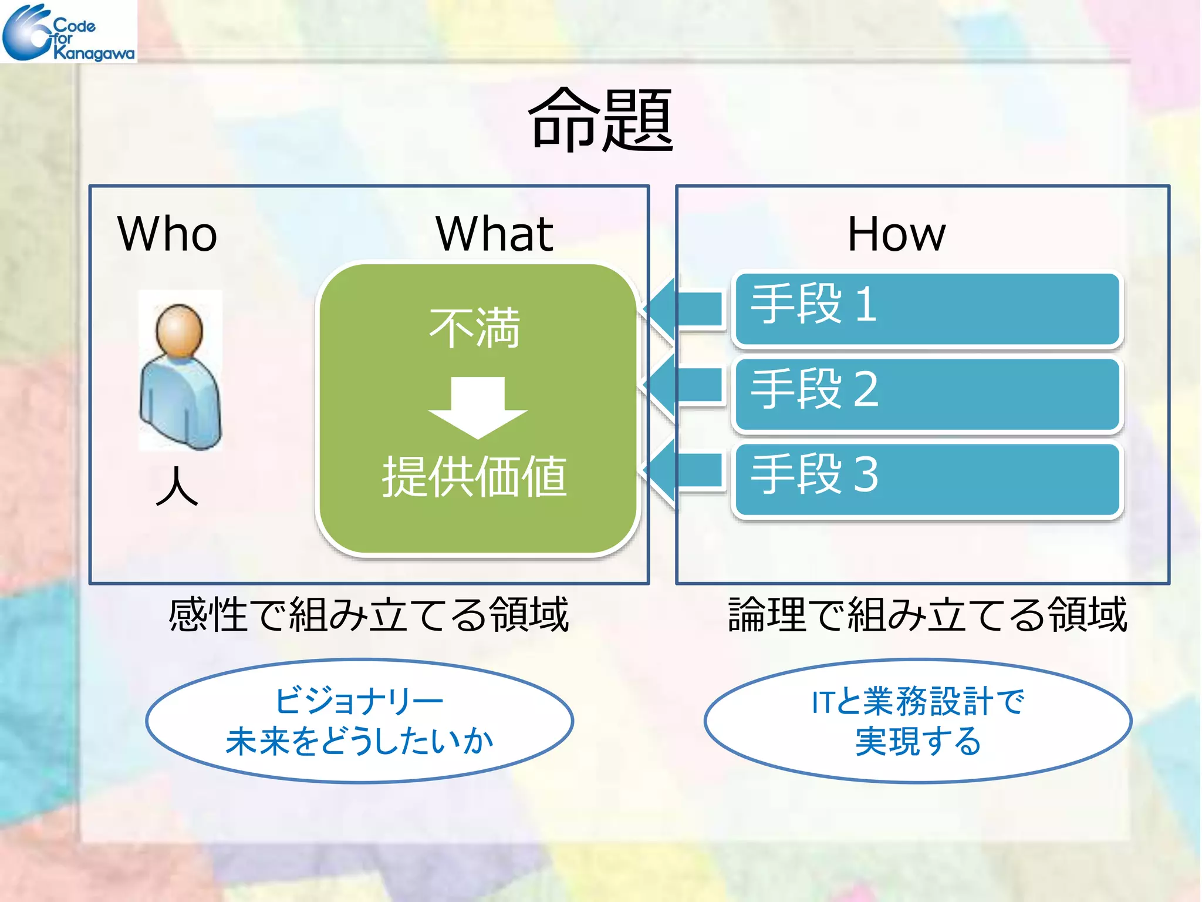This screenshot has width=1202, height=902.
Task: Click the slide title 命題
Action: click(601, 120)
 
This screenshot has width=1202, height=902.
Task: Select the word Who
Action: click(167, 234)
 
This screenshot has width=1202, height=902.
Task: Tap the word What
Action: click(494, 234)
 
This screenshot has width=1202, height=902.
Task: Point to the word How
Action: click(896, 234)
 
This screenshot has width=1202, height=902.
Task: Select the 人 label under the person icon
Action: click(177, 486)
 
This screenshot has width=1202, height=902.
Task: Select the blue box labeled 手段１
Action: click(927, 308)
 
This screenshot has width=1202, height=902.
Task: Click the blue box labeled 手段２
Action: click(927, 393)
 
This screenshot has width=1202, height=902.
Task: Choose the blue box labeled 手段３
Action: click(927, 479)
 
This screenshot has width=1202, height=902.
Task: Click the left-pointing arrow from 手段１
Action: click(684, 308)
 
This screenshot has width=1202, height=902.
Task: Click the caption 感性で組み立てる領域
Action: click(369, 614)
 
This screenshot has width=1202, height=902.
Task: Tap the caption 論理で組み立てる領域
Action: click(927, 614)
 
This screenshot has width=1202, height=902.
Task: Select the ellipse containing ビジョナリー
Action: click(359, 721)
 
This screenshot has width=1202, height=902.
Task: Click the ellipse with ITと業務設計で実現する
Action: click(917, 721)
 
